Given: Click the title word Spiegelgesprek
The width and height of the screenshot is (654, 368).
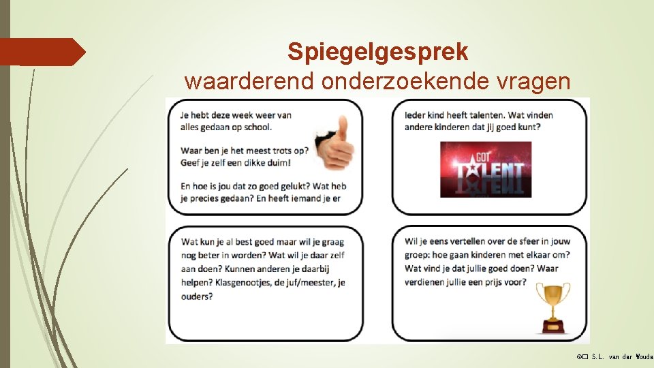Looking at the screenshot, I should (377, 51).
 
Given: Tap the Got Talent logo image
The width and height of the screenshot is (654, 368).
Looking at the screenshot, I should (486, 169).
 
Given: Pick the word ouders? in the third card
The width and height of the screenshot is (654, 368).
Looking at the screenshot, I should (197, 296).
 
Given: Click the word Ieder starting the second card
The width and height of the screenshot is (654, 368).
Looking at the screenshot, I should (416, 115).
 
